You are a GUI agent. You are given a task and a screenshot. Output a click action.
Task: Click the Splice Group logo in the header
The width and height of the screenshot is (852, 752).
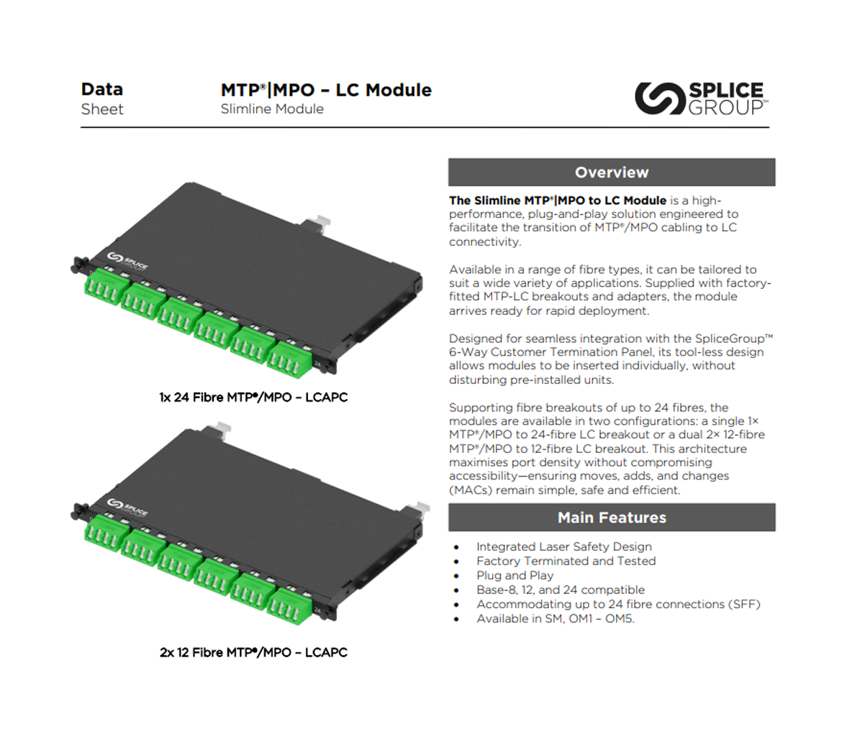coord(702,98)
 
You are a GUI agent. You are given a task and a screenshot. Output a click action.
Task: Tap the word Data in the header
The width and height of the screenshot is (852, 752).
coord(102,89)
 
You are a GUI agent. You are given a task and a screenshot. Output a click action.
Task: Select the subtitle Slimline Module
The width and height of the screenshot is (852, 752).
coord(272,109)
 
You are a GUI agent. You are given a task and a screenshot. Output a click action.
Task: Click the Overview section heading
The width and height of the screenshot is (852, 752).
coord(612,172)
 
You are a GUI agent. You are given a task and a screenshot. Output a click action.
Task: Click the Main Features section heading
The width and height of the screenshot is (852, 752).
coord(612,518)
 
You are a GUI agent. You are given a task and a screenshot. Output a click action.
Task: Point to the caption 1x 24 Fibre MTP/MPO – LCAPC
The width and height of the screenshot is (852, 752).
coord(253,397)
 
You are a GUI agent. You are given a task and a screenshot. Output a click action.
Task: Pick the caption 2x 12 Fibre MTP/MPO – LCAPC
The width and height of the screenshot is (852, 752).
coord(253,652)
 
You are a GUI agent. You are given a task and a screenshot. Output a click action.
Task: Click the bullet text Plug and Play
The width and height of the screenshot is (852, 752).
coord(515,576)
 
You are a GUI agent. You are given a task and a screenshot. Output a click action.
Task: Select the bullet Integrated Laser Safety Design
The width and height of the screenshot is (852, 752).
coord(564,547)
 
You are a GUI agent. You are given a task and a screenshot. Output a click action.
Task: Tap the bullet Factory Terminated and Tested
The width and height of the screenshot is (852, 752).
coord(566,561)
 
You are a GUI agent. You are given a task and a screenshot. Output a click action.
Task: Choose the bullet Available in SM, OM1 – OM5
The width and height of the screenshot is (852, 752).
coord(556,618)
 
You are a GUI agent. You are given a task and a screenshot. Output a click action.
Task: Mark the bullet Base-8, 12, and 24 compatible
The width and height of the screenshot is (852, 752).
coord(561,590)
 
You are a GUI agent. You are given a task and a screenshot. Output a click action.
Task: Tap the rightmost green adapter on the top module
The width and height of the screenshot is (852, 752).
coord(289,359)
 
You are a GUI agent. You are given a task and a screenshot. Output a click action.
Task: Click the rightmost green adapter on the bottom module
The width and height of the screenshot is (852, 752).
coord(289,606)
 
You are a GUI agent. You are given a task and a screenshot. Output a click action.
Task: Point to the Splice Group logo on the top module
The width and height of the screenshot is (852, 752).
coord(127,261)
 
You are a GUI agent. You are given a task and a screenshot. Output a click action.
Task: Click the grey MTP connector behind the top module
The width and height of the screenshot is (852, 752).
coord(317,224)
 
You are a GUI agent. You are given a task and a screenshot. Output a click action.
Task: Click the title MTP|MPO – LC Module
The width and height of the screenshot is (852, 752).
coord(326,90)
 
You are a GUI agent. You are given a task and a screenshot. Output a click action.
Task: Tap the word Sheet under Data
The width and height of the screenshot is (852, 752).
coord(102,109)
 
